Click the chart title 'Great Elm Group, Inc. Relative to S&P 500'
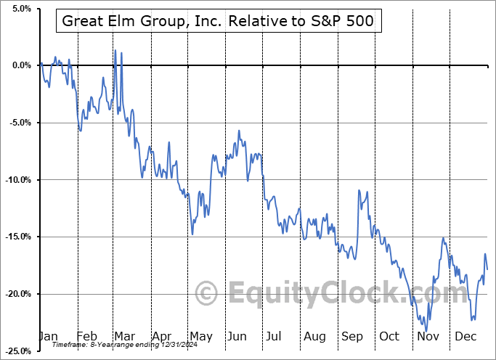[x=219, y=21]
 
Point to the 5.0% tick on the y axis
[x=20, y=9]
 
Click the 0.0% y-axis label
[x=20, y=65]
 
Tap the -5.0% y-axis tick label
[x=19, y=123]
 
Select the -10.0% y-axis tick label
[x=17, y=180]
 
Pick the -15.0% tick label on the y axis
[x=17, y=237]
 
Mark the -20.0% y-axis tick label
[x=17, y=294]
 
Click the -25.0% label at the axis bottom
[x=17, y=351]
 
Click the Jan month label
[x=47, y=336]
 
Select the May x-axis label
[x=200, y=336]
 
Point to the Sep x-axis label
[x=353, y=336]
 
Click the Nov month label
[x=428, y=336]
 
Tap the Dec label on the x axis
[x=466, y=336]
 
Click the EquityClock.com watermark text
[x=338, y=293]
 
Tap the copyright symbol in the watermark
[x=208, y=293]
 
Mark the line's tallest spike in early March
[x=115, y=50]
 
